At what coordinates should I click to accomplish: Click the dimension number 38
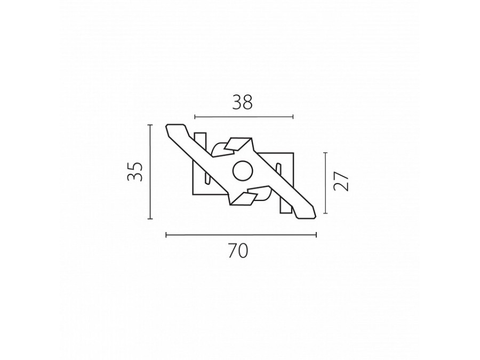(242, 102)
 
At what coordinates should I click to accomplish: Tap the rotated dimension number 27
(341, 182)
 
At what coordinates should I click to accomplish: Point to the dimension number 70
(238, 250)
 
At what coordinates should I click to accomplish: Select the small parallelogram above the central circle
(235, 144)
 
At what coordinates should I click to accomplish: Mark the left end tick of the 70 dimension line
(166, 234)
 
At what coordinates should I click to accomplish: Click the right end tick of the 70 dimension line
(316, 234)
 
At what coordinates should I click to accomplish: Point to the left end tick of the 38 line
(195, 116)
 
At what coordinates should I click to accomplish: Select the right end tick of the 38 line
(293, 116)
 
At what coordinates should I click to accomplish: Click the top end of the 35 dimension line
(150, 125)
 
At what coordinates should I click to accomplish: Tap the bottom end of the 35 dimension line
(150, 219)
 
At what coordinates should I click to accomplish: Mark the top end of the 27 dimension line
(325, 153)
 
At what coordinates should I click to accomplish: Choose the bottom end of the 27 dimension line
(325, 213)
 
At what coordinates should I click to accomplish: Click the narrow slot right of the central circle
(278, 176)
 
